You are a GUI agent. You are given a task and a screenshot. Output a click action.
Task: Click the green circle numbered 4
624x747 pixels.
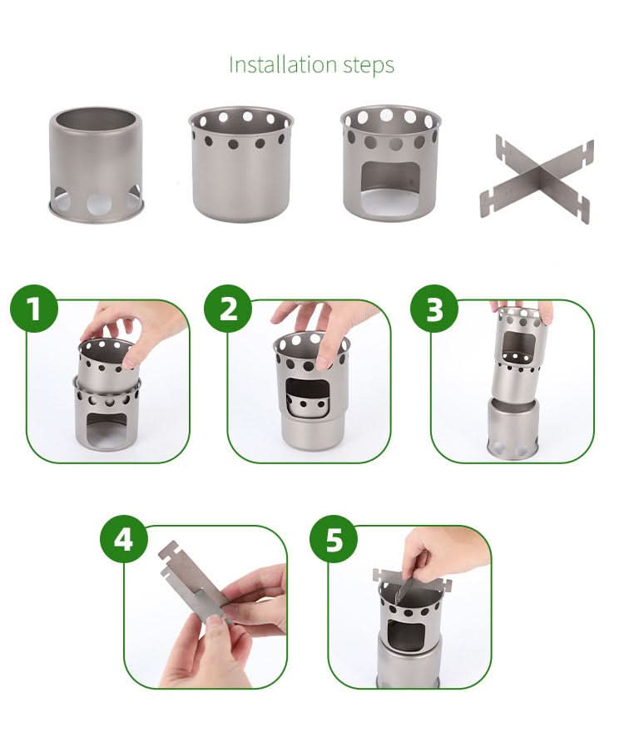tap(123, 539)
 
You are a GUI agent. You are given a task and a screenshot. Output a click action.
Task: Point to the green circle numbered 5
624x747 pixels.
tap(334, 539)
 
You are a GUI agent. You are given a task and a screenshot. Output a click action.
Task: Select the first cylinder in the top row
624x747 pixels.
tap(95, 162)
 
